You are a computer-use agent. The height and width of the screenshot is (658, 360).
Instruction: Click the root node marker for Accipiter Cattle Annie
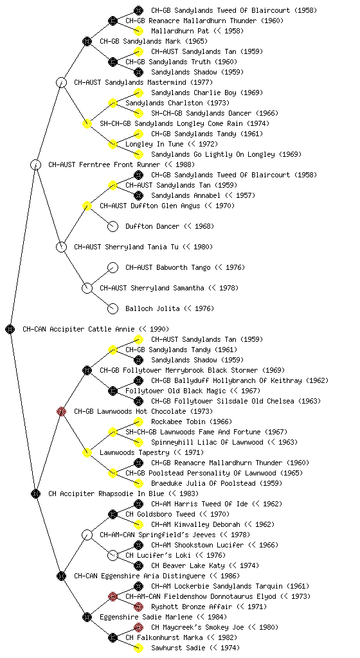pos(10,329)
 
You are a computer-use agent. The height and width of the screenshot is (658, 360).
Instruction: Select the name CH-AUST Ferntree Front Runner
pos(104,164)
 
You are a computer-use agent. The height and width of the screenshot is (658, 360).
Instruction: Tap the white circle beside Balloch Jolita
pos(113,308)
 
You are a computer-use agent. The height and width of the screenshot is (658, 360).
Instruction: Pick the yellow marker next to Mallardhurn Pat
pos(138,31)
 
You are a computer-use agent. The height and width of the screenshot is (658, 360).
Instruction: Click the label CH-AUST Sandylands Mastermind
pos(130,82)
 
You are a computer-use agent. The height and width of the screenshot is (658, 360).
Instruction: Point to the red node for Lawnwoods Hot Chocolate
pos(61,411)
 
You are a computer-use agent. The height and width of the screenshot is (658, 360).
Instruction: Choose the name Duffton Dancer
pos(152,226)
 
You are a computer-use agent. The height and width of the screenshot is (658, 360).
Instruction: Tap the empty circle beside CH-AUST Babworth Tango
pos(113,267)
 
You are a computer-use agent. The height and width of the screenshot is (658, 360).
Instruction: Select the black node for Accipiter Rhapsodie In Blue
pos(35,493)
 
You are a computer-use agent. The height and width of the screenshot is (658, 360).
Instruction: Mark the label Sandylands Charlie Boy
pos(195,93)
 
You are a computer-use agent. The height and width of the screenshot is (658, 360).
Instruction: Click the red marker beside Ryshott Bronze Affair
pos(138,607)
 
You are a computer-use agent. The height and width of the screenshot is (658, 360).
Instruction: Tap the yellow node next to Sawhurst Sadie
pos(138,648)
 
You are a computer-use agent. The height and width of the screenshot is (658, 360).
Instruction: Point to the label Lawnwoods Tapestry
pos(134,452)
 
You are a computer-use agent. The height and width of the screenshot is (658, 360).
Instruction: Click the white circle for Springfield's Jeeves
pos(87,535)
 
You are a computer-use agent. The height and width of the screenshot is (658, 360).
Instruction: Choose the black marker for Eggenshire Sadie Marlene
pos(87,617)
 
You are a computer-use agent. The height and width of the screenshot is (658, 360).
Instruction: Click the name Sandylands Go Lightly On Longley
pos(213,154)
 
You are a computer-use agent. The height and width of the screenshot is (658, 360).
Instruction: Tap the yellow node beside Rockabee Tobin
pos(138,422)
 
